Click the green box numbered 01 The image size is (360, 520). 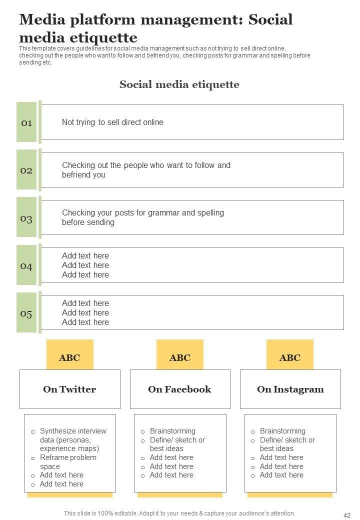click(26, 122)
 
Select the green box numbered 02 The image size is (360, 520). click(26, 170)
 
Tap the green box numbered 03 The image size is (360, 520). click(26, 218)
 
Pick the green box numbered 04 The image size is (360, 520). click(26, 265)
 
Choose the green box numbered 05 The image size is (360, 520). click(26, 313)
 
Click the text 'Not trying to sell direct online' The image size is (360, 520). click(112, 122)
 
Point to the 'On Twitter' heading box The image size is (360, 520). click(70, 389)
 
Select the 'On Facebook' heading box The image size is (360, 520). click(180, 389)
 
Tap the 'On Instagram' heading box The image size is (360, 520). click(290, 389)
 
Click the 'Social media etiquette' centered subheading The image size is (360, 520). click(179, 84)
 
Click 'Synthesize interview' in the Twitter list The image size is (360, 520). click(73, 431)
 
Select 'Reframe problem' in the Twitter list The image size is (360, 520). click(68, 457)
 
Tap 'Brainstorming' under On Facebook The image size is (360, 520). click(172, 431)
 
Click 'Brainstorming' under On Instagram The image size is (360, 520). click(282, 431)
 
